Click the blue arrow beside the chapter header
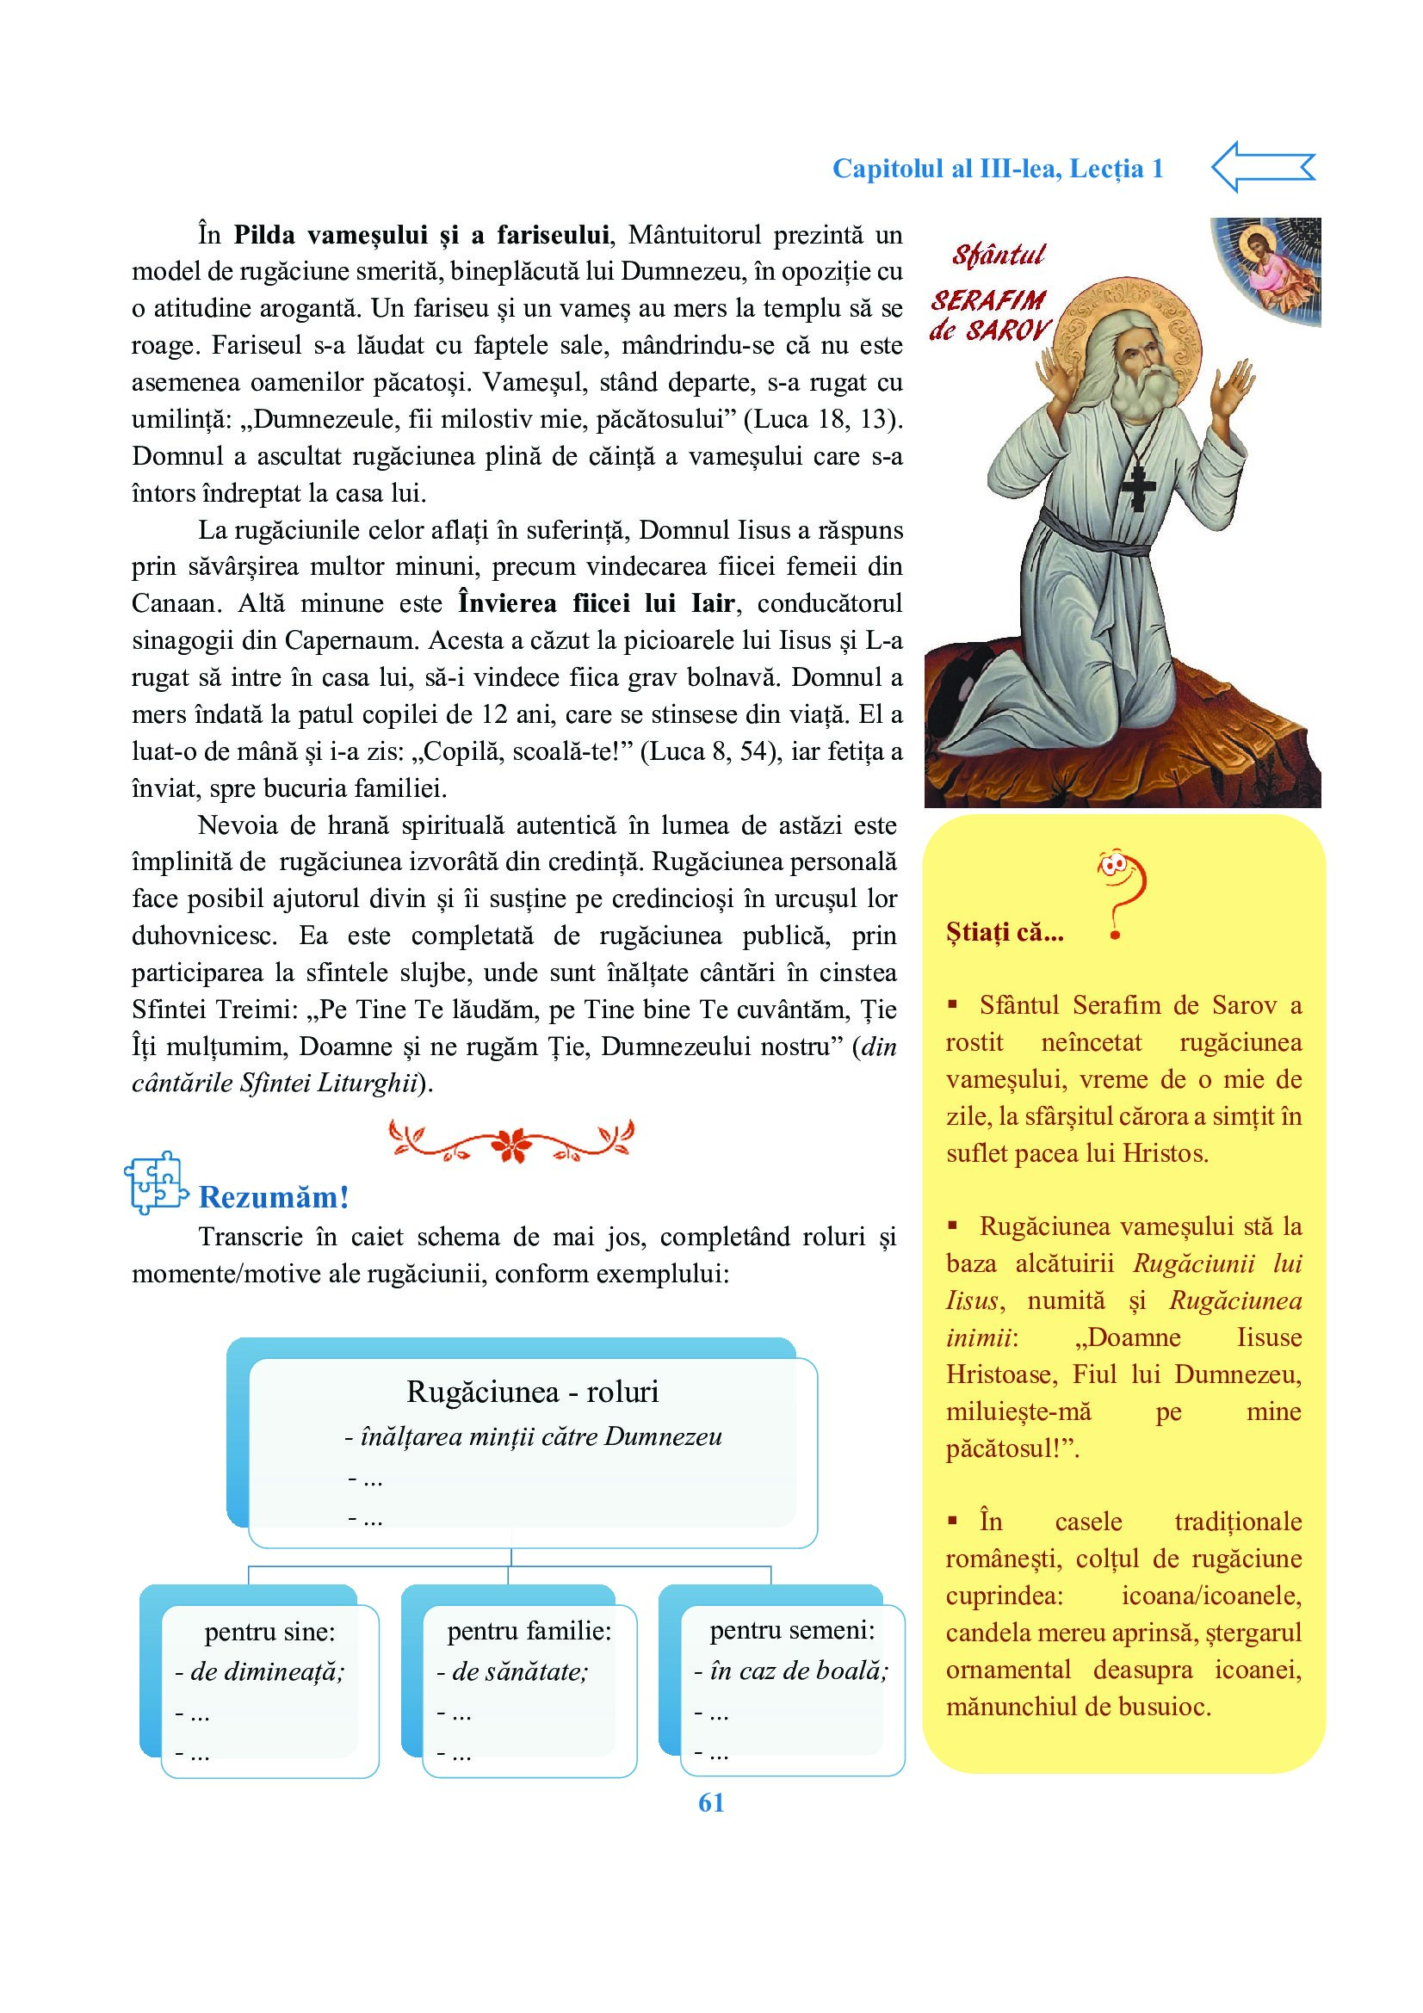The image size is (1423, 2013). pos(1263,167)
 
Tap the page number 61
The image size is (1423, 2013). pos(711,1804)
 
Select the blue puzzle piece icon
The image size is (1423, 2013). pos(155,1182)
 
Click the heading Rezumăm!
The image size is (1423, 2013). pos(274,1197)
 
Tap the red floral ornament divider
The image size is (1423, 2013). pos(511,1140)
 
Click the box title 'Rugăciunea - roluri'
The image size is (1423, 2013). pos(532,1392)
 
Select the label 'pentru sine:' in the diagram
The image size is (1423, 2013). pos(270,1632)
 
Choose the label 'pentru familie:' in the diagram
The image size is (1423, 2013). pos(529,1631)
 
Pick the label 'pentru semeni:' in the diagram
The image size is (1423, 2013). pos(793,1630)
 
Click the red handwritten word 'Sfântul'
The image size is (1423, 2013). pos(999,255)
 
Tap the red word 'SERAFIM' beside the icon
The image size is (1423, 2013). pos(988,300)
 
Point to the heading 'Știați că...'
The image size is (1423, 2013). pos(1005,932)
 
